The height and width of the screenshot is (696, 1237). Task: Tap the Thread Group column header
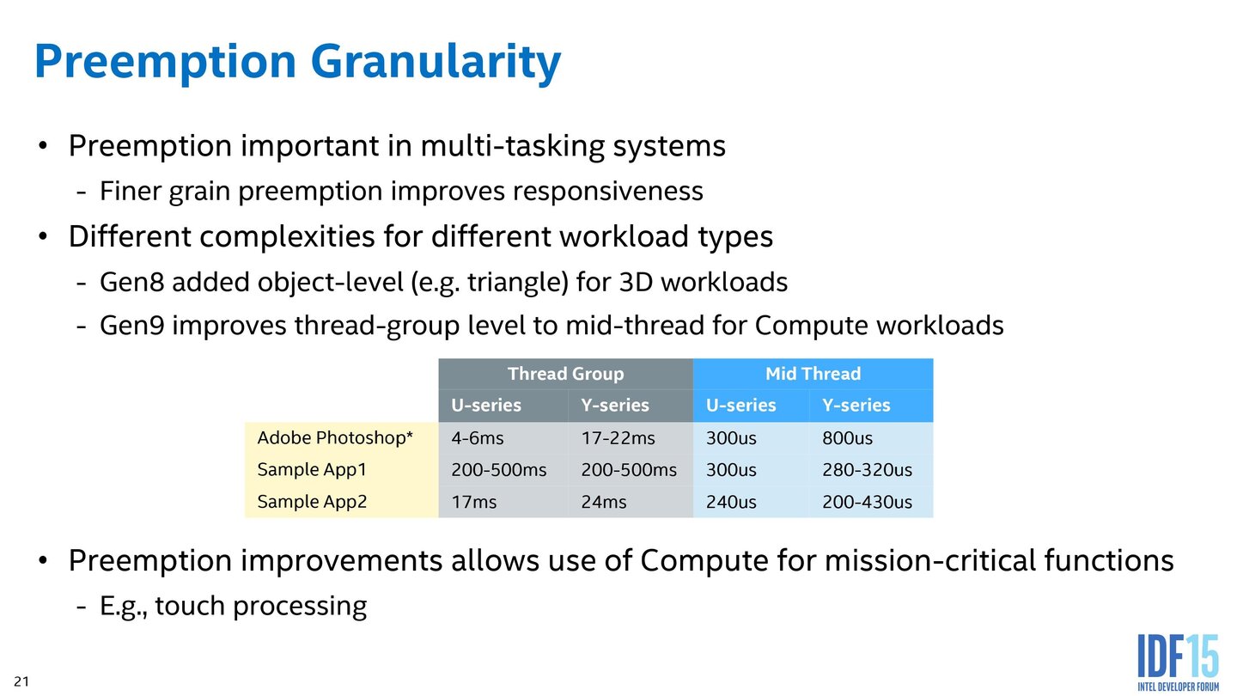[565, 374]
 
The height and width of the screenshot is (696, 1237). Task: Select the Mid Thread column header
[813, 374]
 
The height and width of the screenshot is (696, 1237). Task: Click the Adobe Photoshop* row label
[335, 438]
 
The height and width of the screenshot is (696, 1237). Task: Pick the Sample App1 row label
[313, 470]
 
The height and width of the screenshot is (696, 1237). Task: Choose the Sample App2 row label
[313, 502]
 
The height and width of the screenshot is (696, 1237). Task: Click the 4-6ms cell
[478, 438]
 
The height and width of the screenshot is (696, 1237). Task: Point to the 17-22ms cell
[618, 438]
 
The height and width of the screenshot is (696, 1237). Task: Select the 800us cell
[847, 438]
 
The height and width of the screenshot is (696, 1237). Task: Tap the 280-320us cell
[867, 470]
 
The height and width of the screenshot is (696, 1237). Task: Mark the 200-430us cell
[867, 502]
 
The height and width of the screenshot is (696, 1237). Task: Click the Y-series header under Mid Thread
[856, 406]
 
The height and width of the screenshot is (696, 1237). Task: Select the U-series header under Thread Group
[486, 406]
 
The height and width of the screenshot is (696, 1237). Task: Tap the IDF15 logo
[1178, 661]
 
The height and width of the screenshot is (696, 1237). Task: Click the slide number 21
[21, 681]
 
